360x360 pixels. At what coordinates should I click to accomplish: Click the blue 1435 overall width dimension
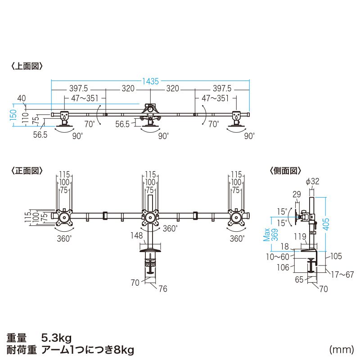pos(151,81)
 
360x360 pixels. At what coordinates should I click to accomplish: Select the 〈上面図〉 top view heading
pos(27,66)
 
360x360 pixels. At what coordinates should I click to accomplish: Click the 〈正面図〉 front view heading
pos(27,171)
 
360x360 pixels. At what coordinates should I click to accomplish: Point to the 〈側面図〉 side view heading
pos(285,171)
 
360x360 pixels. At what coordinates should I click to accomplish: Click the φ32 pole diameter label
pos(312,181)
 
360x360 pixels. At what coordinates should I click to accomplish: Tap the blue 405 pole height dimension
pos(326,221)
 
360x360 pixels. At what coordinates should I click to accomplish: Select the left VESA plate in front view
pos(63,218)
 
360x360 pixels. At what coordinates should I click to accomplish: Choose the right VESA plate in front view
pos(237,218)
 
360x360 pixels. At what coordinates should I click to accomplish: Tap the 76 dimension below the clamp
pos(163,288)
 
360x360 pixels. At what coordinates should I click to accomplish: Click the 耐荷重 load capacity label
pos(21,349)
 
